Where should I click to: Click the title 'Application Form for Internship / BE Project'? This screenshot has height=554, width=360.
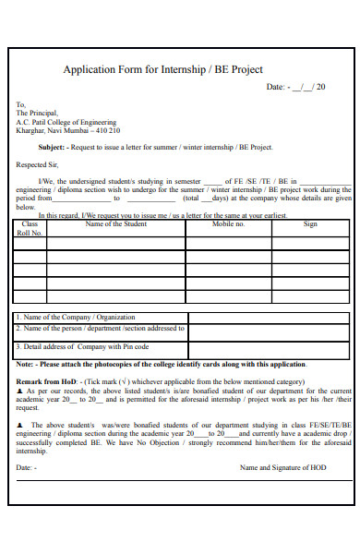pos(162,69)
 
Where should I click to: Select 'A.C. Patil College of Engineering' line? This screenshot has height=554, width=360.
pos(66,122)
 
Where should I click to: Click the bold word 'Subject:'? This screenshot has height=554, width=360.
pos(52,147)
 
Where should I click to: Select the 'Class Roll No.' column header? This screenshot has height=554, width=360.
pos(30,228)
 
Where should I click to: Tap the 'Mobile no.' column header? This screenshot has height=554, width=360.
pos(228,224)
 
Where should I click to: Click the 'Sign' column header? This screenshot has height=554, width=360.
pos(310,224)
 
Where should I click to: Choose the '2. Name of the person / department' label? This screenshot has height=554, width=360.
pos(100,328)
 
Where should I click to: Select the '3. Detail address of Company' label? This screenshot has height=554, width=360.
pos(82,347)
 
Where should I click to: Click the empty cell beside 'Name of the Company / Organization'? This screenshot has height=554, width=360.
pos(269,317)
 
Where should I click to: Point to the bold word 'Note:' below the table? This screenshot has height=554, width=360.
pos(25,365)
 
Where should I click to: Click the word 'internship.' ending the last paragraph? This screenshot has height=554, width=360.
pos(31,451)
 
